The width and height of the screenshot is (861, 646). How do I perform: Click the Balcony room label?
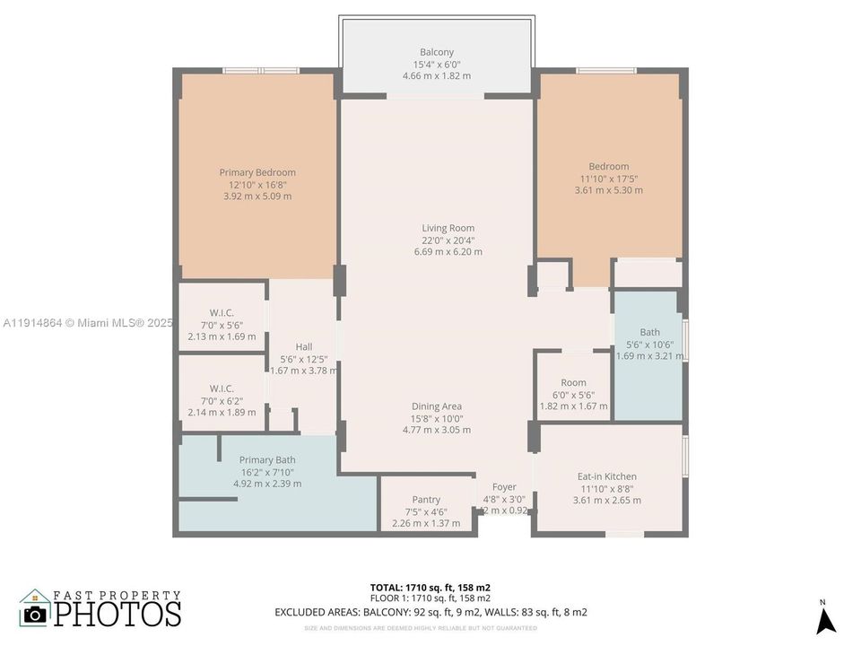437,52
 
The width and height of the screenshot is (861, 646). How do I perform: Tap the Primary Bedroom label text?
257,172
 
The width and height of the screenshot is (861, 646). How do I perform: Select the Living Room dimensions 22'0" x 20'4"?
448,240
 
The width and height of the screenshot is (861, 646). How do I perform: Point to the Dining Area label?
437,406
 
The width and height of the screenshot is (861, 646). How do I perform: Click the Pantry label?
426,500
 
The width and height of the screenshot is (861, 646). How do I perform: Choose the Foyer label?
504,487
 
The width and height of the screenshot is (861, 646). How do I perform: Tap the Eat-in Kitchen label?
607,476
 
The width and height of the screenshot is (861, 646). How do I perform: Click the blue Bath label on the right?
649,332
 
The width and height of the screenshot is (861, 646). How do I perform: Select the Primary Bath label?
267,459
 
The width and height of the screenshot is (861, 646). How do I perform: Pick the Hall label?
304,346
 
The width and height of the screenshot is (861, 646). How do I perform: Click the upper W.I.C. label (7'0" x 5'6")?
222,313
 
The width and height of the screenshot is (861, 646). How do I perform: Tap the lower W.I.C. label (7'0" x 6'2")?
222,388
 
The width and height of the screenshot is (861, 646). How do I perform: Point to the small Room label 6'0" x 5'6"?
573,382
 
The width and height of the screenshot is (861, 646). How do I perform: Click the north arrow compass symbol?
826,619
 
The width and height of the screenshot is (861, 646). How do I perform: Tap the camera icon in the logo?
35,615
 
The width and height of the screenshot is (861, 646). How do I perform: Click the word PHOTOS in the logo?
117,614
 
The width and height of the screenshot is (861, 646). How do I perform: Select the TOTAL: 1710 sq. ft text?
430,588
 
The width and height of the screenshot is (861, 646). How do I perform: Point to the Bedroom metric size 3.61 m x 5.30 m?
609,190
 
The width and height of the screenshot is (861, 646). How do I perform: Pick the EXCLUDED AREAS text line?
430,612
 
